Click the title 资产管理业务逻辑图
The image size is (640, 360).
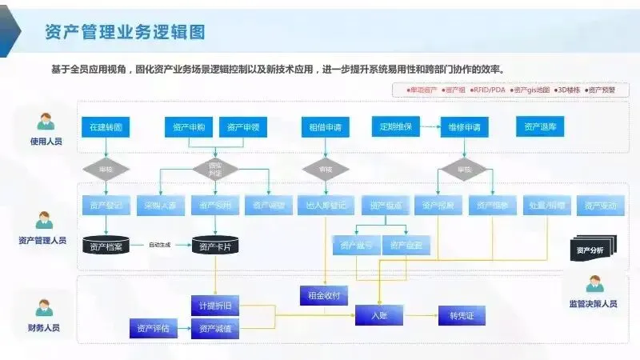[x=126, y=32]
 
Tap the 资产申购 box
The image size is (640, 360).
[x=188, y=126]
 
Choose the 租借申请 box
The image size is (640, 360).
[x=325, y=126]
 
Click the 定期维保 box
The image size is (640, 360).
[x=397, y=126]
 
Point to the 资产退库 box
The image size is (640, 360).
[x=541, y=126]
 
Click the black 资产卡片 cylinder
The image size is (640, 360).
[x=215, y=246]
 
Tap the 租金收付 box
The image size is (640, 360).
[x=324, y=295]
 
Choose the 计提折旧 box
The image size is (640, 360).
[x=215, y=307]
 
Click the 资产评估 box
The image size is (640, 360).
[x=153, y=327]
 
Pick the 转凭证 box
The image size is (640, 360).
[x=462, y=316]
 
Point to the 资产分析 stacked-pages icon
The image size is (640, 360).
[x=592, y=249]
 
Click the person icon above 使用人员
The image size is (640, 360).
[x=45, y=122]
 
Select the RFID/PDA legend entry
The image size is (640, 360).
[x=488, y=90]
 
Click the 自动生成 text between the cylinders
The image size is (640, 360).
[x=160, y=245]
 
